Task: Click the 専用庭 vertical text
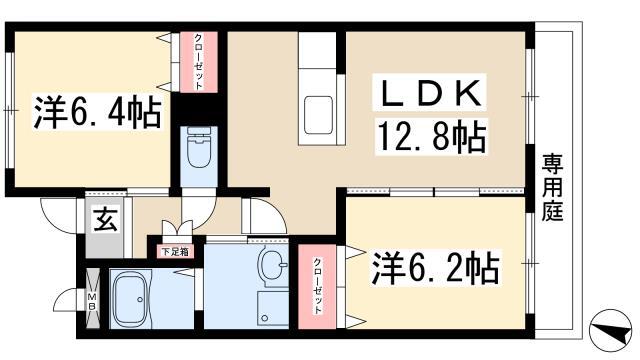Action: coord(551,189)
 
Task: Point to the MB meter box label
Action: coord(91,299)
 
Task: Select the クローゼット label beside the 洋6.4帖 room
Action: coord(199,62)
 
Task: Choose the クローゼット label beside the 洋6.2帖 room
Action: coord(319,285)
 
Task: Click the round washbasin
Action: coord(270,265)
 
